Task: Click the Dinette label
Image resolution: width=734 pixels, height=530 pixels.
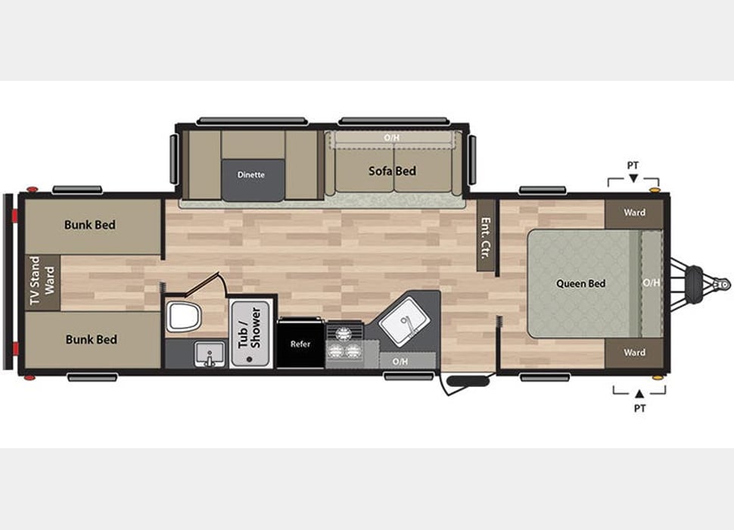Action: pos(250,175)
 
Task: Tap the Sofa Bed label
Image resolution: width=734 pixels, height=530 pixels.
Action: pos(392,171)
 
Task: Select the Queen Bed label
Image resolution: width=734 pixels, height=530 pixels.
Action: pos(581,284)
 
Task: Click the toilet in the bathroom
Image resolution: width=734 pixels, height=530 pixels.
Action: pos(183,315)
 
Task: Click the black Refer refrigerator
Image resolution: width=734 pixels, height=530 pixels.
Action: pos(300,344)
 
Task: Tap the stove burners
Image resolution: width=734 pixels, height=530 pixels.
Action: pos(344,343)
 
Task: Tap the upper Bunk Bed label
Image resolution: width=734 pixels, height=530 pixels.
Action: pos(90,225)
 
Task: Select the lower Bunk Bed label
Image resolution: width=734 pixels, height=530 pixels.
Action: pos(91,339)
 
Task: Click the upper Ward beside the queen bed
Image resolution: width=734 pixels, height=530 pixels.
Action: pos(634,213)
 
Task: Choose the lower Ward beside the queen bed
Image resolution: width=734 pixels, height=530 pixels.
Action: pos(634,352)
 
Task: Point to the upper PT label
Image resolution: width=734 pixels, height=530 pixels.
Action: pos(633,164)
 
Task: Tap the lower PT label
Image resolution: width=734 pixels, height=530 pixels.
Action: pos(639,407)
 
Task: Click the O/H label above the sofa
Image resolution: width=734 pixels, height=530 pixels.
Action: pos(391,138)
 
